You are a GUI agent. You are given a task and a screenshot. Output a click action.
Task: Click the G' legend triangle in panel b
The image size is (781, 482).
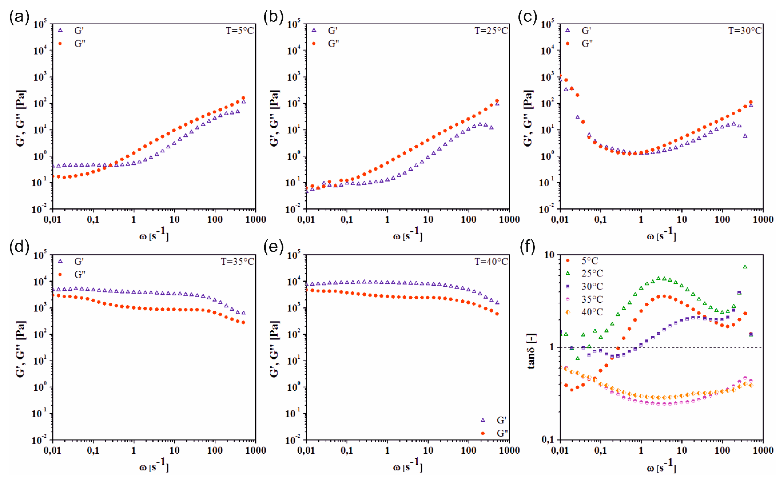point(314,31)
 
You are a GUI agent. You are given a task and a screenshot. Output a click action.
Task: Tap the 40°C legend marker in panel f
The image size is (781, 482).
point(568,312)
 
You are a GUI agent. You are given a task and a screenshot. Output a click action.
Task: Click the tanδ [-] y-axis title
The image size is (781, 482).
point(531,351)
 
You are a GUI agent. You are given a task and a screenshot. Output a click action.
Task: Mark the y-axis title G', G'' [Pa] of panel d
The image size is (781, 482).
point(21,349)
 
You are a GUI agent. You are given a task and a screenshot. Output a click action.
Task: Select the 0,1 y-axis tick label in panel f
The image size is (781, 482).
point(549,440)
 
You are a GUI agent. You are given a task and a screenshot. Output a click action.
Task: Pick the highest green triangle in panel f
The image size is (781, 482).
point(745,267)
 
